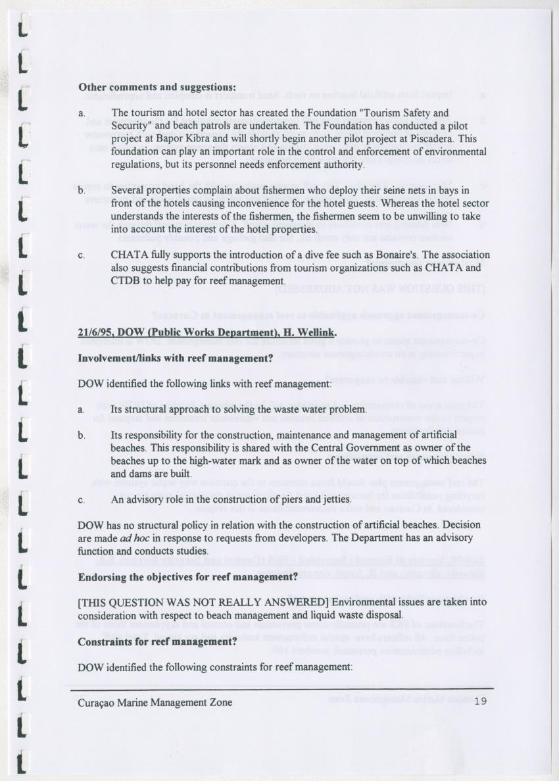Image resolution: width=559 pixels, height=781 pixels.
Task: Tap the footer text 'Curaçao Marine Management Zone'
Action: [x=155, y=702]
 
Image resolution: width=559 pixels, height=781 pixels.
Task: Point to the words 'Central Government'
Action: [x=323, y=449]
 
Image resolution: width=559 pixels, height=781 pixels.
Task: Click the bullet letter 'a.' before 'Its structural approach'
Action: [x=82, y=410]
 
